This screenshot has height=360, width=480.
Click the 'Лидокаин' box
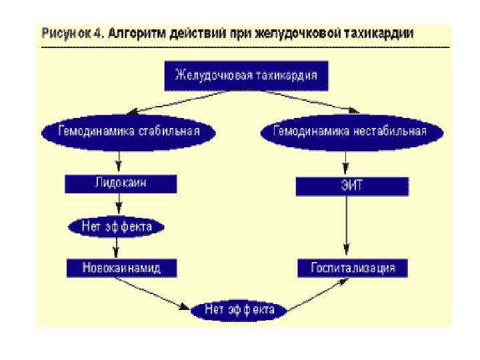point(121,184)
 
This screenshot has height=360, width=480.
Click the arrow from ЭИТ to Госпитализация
point(345,227)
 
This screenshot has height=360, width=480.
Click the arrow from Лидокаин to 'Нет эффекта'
point(119,203)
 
